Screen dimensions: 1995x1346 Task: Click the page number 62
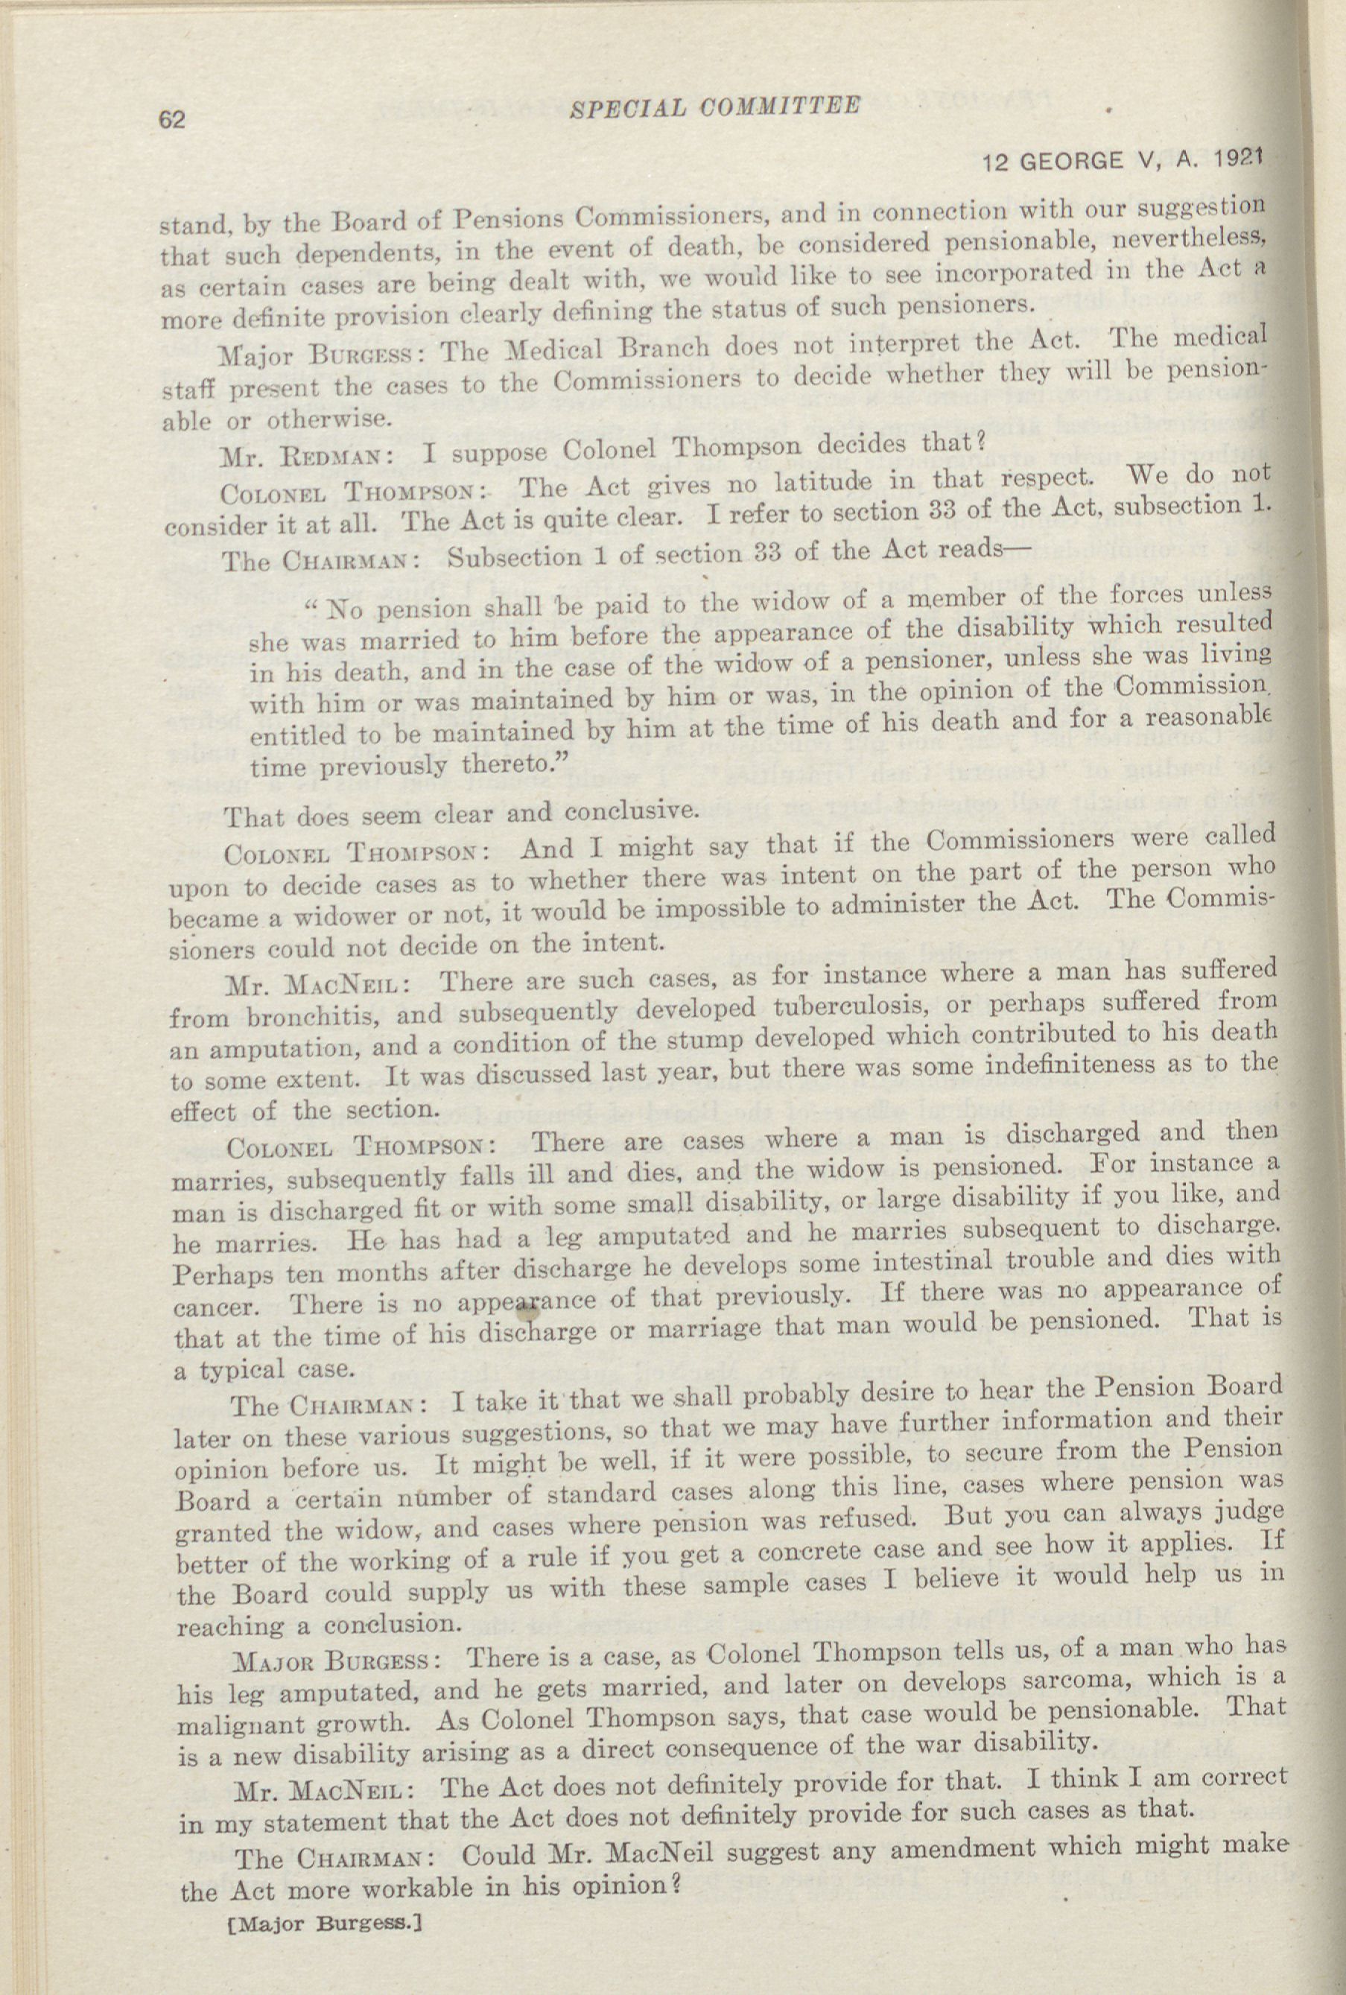click(171, 119)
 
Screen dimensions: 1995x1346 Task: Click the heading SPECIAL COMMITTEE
click(714, 107)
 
